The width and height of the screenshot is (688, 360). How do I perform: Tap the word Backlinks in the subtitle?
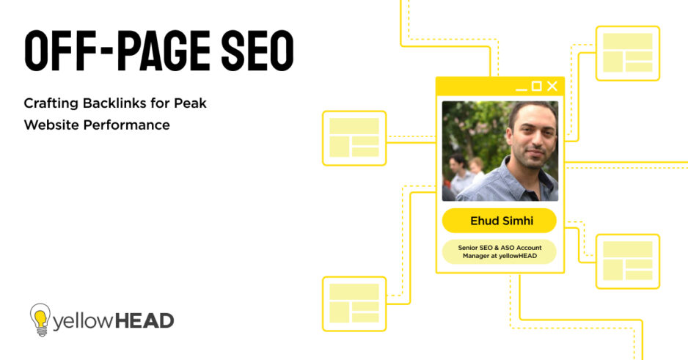coord(116,103)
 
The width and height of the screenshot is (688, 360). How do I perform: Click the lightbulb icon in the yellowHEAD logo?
coord(40,320)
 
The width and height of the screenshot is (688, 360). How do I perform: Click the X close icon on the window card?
coord(552,87)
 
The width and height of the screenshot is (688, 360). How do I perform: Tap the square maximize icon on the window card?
coord(536,87)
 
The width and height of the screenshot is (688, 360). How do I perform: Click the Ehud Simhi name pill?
coord(499,221)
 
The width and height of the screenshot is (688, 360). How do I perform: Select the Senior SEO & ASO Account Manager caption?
coord(499,251)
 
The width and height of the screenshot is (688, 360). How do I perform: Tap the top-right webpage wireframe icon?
coord(627,53)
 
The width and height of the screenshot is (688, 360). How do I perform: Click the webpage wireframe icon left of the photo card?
coord(354,138)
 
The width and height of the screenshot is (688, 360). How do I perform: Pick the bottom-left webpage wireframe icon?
coord(354,303)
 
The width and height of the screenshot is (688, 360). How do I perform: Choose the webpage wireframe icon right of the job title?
coord(627,261)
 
